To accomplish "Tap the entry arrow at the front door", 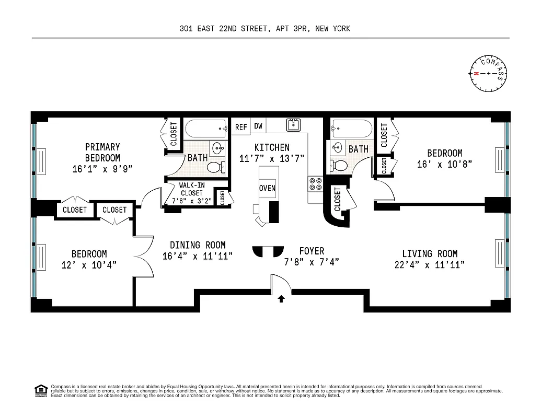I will click(x=281, y=299).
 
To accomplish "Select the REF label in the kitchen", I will click(x=241, y=127).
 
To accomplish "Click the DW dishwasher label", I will click(x=258, y=126).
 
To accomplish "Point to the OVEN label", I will click(x=267, y=188).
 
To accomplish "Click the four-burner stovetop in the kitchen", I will click(x=316, y=183).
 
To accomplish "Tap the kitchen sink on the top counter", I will click(x=293, y=125).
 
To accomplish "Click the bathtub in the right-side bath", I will click(x=352, y=128).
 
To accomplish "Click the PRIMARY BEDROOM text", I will click(x=102, y=152).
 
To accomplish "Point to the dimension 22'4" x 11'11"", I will click(x=430, y=265).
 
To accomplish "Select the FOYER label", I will click(x=312, y=251).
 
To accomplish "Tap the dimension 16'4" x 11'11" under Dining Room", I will click(x=197, y=256).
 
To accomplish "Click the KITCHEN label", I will click(x=272, y=147).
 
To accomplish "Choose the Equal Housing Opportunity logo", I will click(x=41, y=390).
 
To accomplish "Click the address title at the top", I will click(x=264, y=29).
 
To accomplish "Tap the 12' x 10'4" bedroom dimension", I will click(x=89, y=265).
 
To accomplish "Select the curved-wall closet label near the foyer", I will click(x=337, y=199).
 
